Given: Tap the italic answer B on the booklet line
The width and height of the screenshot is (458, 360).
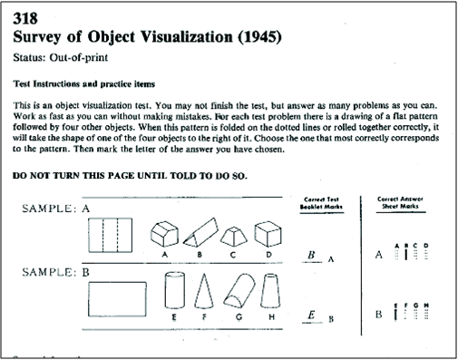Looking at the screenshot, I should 311,256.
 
